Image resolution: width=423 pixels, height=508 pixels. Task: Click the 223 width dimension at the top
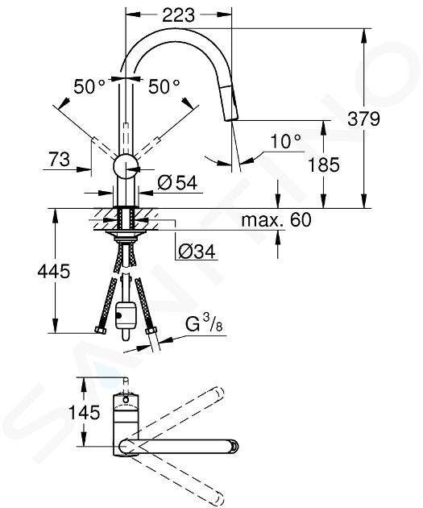[x=178, y=15]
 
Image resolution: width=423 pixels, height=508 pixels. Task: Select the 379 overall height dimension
[x=363, y=119]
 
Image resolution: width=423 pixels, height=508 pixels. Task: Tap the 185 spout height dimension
[x=323, y=164]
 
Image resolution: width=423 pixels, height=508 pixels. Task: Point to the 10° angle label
[x=285, y=142]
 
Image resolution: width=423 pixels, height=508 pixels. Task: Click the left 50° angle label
[x=89, y=86]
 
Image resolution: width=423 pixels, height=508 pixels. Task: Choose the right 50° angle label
[x=164, y=86]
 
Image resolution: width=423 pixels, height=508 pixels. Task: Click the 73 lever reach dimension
[x=59, y=159]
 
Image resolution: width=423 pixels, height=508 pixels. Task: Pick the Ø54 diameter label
[x=177, y=183]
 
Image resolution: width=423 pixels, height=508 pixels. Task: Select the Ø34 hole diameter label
[x=197, y=252]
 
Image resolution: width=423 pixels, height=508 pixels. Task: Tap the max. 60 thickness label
[x=276, y=219]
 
